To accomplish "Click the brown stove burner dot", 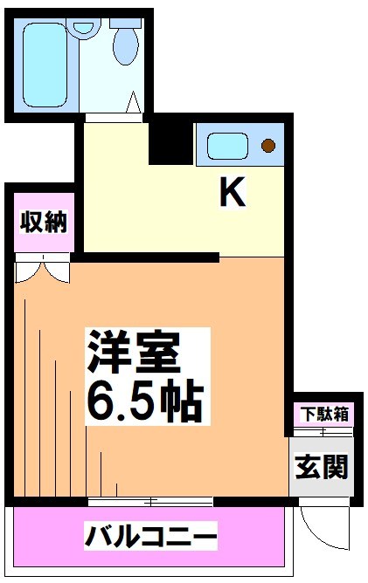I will click(x=268, y=144).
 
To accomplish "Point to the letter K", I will click(x=233, y=193).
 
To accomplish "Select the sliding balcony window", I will click(x=150, y=501).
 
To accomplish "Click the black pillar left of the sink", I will click(x=170, y=140).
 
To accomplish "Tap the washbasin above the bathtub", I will click(x=85, y=27).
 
